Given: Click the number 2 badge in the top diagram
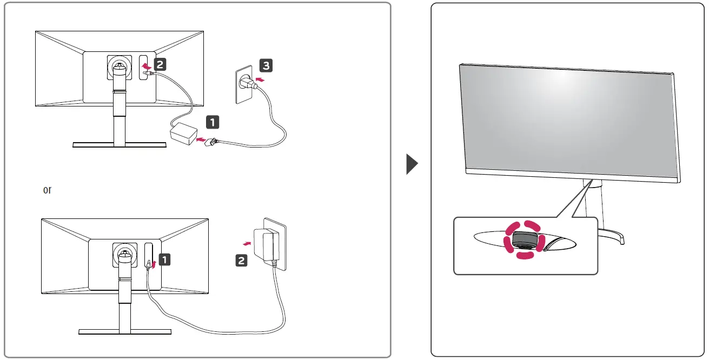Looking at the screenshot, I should (x=160, y=64).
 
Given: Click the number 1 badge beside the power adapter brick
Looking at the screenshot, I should (x=213, y=122).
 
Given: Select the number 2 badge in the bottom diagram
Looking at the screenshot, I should (x=242, y=261).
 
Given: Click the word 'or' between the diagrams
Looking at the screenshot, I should (x=47, y=190).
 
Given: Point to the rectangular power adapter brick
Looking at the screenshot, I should (x=183, y=134).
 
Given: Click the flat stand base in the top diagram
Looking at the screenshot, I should (x=120, y=144).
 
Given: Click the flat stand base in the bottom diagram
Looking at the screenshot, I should (x=125, y=331).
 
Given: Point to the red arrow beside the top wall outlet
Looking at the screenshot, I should (x=260, y=80).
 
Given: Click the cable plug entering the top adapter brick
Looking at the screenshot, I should (x=210, y=141).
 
